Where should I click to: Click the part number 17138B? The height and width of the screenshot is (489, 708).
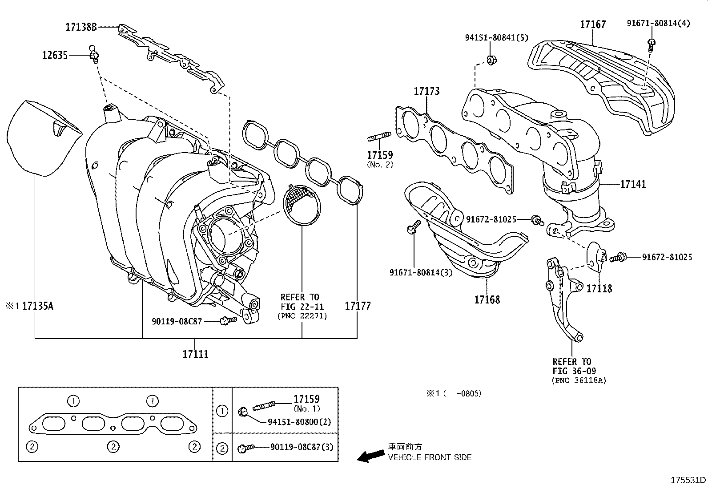[81, 27]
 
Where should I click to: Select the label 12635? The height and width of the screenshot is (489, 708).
[55, 55]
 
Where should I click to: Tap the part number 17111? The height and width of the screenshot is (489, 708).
[195, 354]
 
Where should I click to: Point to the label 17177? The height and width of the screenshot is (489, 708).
[358, 306]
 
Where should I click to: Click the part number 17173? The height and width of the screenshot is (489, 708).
[426, 91]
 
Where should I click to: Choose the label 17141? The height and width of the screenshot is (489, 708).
[633, 184]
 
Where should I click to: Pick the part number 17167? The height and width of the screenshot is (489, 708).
[593, 24]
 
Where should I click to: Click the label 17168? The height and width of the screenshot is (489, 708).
[487, 299]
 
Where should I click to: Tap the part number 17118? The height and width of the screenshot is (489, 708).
[599, 289]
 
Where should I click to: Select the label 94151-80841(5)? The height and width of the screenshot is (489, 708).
[496, 38]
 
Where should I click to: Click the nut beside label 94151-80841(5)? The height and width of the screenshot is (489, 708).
[491, 59]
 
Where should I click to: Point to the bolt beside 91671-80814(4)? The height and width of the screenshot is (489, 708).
[652, 43]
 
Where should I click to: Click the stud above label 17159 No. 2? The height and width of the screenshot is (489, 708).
[379, 137]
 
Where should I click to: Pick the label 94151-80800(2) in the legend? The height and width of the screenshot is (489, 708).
[299, 422]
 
